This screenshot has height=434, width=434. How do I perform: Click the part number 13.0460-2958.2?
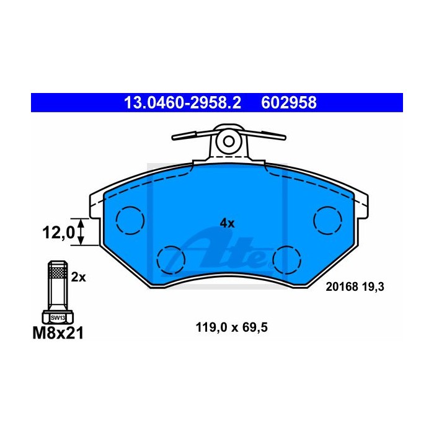183,103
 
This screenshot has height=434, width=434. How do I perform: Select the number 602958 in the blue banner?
289,103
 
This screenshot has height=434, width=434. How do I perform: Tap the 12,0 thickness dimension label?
58,232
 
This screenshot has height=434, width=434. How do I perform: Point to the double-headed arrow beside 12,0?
80,232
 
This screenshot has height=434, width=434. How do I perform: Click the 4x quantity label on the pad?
227,223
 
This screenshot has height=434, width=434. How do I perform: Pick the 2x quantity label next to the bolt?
78,277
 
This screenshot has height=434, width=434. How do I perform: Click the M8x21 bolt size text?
58,333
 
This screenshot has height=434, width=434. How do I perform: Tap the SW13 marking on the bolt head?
58,318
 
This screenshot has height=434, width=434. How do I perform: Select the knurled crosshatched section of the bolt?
58,272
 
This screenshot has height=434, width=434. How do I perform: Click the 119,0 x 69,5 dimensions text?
231,327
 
